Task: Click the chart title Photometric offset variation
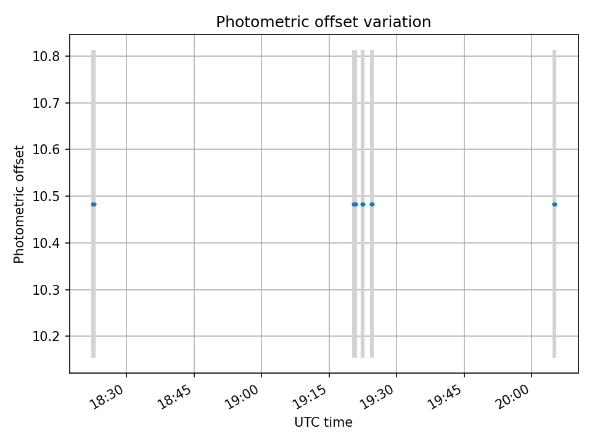323,22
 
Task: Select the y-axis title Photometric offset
20,204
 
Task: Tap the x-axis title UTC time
323,422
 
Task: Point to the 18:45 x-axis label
176,394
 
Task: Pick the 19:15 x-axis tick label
311,394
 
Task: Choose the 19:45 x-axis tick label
446,394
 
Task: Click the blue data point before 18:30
94,204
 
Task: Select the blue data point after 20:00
554,204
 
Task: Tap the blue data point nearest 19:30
372,204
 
